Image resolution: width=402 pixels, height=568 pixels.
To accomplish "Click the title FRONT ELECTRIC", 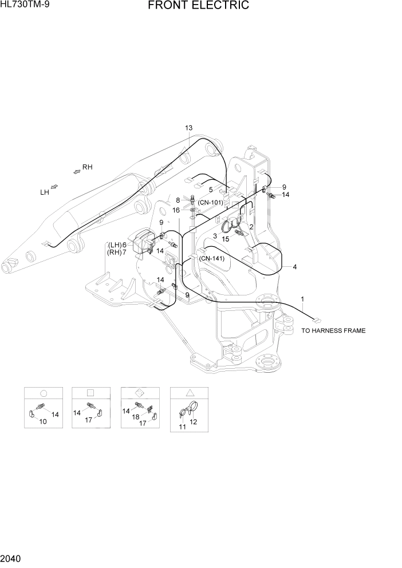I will (x=199, y=6).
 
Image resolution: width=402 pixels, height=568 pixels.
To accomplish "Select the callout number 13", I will (x=189, y=128).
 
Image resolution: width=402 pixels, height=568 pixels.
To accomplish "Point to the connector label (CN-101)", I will (x=210, y=202).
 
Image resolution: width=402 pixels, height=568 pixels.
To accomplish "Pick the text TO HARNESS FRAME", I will (x=333, y=330).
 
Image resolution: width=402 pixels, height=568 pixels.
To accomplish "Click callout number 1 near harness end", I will (x=302, y=299).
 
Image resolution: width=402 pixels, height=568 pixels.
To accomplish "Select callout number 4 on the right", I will (x=294, y=267).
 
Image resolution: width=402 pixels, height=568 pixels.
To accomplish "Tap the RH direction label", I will (x=87, y=167).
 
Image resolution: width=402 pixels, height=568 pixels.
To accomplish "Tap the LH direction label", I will (x=44, y=193).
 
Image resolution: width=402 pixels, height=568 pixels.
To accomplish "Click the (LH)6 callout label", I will (x=117, y=245).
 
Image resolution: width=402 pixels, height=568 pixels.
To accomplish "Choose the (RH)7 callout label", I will (x=117, y=253).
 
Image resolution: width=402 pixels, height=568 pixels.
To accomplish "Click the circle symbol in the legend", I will (x=43, y=393).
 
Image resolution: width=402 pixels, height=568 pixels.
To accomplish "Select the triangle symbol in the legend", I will (x=190, y=393).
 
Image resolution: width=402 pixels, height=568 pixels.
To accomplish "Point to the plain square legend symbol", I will (x=90, y=393).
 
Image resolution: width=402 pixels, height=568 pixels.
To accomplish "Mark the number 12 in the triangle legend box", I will (x=193, y=422).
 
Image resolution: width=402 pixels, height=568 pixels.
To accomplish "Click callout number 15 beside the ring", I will (x=226, y=239).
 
